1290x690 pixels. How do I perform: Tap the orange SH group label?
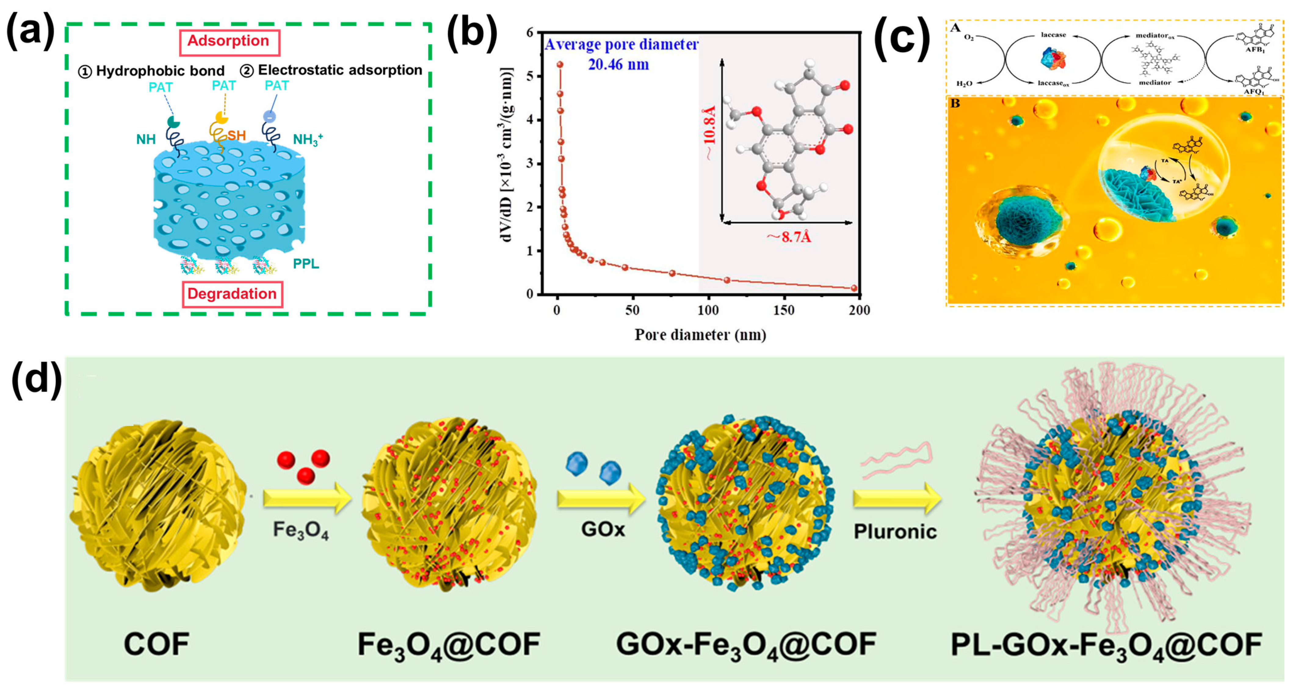click(236, 135)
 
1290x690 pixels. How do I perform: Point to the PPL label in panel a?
click(306, 264)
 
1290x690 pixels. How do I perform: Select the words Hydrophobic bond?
click(160, 71)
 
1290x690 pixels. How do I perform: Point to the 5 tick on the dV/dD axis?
click(530, 76)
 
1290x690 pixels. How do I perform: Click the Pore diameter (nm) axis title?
click(700, 335)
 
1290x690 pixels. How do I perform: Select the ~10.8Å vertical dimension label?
click(710, 133)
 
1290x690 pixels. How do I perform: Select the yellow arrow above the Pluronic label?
click(897, 498)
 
